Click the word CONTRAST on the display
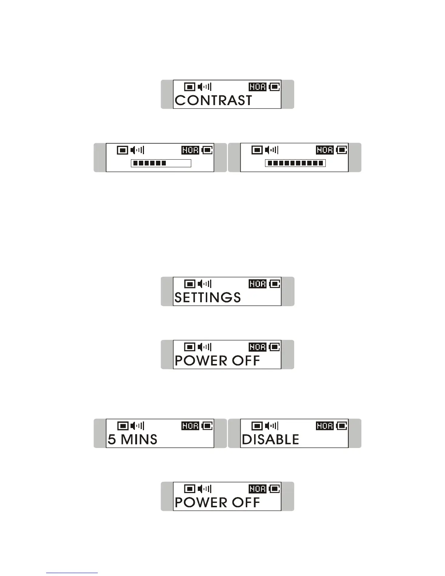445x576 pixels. pos(213,100)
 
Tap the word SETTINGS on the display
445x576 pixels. pos(208,297)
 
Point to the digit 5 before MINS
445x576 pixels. pos(112,439)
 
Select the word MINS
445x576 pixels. pos(139,439)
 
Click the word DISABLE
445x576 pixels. pos(270,439)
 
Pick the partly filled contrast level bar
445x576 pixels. pos(161,163)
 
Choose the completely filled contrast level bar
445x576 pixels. pos(295,163)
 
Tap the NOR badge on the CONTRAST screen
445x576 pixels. pos(257,87)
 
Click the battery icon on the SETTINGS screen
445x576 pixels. pos(274,284)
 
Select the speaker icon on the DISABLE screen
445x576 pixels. pos(272,426)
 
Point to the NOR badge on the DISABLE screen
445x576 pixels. pos(325,426)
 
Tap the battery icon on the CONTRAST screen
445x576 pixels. pos(274,87)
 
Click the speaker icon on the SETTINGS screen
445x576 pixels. pos(204,284)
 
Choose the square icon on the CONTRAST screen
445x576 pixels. pos(190,87)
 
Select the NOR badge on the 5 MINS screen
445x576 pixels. pos(190,426)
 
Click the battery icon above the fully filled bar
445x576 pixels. pos(342,150)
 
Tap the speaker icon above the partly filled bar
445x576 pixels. pos(137,150)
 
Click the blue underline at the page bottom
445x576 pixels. pos(72,573)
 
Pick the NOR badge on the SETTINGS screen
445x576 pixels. pos(257,284)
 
